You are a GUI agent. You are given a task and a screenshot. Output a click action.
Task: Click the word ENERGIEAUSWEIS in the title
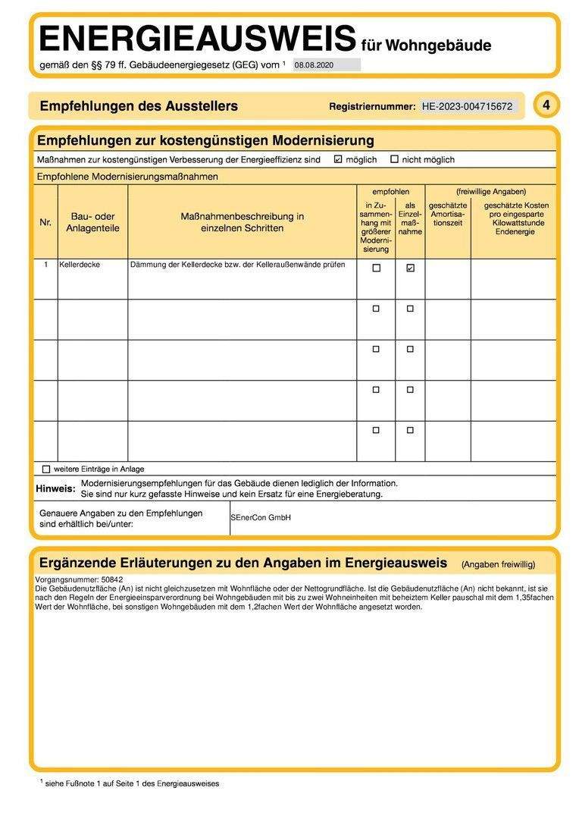197,38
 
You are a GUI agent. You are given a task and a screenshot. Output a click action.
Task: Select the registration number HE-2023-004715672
468,107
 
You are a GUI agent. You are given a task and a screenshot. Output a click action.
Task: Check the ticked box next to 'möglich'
338,159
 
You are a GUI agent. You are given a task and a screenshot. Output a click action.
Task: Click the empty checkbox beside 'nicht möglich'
394,159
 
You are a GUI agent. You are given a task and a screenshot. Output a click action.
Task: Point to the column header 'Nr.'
45,222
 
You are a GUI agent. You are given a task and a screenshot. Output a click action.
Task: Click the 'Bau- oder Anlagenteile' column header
92,222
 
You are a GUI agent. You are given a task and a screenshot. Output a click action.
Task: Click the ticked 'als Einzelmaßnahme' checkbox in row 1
410,268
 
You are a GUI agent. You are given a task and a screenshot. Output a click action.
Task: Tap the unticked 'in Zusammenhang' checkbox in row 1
376,268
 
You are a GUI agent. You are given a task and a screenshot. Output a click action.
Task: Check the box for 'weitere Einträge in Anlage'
46,469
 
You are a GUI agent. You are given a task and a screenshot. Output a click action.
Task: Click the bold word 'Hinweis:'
55,488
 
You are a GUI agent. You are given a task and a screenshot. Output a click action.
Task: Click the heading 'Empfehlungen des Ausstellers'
139,106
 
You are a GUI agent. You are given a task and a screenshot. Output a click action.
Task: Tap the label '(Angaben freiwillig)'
498,565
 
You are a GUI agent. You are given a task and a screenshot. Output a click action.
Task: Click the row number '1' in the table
45,265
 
